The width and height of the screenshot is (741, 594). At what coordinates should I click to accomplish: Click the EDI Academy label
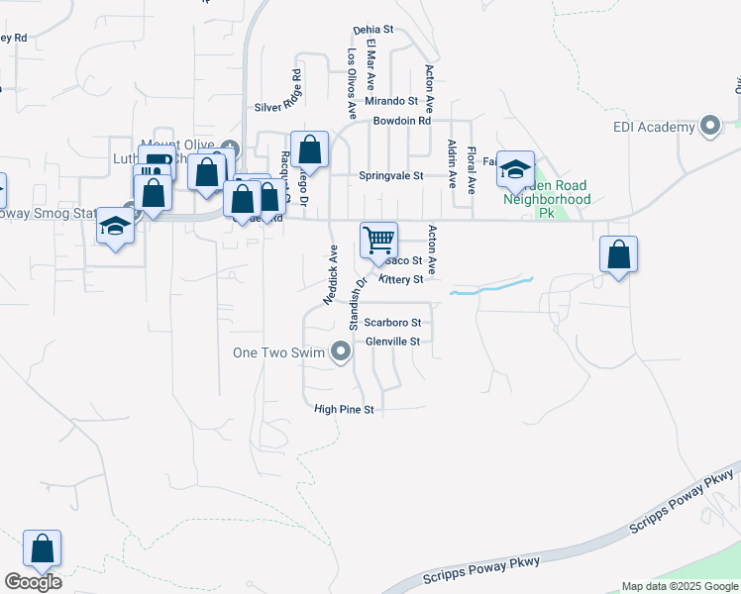[654, 127]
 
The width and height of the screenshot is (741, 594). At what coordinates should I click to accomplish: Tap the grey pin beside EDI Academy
[709, 126]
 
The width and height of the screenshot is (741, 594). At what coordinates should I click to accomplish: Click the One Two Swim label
[280, 352]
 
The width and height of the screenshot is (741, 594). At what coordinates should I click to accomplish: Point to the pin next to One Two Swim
[341, 352]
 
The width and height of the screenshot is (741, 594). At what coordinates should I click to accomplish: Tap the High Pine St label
[343, 409]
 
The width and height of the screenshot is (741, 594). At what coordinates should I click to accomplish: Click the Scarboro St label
[392, 323]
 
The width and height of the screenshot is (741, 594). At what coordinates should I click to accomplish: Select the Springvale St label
[390, 175]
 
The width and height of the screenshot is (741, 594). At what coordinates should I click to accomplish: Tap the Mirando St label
[391, 101]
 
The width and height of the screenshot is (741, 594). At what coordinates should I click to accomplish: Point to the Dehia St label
[373, 30]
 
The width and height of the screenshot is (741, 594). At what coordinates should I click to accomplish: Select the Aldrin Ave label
[452, 164]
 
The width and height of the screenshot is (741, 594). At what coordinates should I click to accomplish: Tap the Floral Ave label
[472, 169]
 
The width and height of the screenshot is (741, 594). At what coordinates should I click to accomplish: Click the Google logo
[33, 582]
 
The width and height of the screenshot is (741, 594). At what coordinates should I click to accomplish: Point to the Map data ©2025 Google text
[680, 586]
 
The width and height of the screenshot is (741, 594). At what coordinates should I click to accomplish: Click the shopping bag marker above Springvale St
[309, 150]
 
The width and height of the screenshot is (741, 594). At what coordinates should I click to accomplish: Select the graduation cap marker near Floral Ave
[515, 169]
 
